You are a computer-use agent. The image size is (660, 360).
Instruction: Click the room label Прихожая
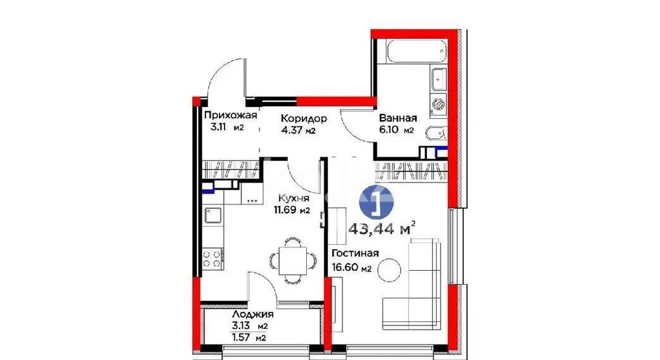pos(230,115)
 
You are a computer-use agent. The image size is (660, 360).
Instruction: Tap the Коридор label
pos(304,118)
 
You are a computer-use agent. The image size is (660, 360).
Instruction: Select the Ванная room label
pos(397,118)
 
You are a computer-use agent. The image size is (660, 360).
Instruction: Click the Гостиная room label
pos(355,254)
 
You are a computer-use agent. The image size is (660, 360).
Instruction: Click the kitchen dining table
pos(291,258)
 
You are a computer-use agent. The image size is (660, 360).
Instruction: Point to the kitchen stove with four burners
pos(212,258)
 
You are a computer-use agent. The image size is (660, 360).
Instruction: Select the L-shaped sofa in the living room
pos(418,285)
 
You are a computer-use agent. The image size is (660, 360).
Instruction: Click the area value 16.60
pos(346,268)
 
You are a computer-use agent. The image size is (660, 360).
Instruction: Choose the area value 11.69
pos(285,211)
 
